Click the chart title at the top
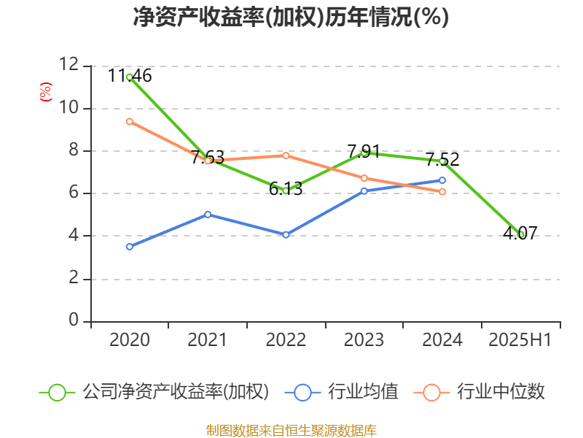[291, 17]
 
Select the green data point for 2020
[129, 77]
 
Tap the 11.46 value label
[130, 75]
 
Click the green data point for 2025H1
[520, 234]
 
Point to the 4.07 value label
[520, 234]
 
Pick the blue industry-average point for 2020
[129, 247]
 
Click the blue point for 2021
[208, 215]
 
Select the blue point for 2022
[286, 235]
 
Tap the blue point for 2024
[442, 180]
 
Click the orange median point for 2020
[129, 121]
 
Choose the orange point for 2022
[286, 155]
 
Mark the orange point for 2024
[442, 192]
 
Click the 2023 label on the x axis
[364, 340]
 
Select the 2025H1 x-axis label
[520, 340]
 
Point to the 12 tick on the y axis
[70, 65]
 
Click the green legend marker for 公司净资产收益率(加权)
[57, 392]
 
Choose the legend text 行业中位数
[501, 392]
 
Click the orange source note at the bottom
[291, 430]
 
